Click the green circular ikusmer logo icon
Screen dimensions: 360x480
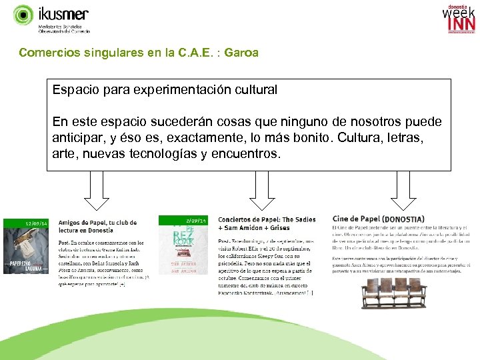pyautogui.click(x=23, y=15)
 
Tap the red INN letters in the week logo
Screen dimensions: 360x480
pyautogui.click(x=461, y=24)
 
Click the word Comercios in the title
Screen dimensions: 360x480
pyautogui.click(x=47, y=52)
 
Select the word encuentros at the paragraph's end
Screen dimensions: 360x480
pyautogui.click(x=249, y=154)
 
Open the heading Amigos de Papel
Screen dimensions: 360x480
pyautogui.click(x=97, y=223)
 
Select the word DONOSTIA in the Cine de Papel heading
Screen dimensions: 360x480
pyautogui.click(x=403, y=219)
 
